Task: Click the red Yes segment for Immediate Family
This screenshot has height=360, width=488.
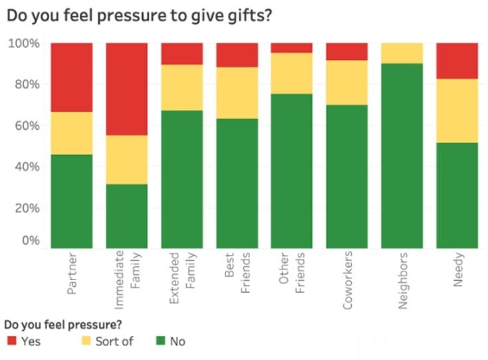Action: [x=127, y=89]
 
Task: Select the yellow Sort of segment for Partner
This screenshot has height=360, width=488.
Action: [x=72, y=133]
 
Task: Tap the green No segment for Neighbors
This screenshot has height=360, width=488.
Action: [x=402, y=155]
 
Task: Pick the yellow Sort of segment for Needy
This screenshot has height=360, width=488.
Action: [x=457, y=110]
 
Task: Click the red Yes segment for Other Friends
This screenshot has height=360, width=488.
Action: [x=292, y=48]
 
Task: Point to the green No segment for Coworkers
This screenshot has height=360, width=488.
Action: [x=346, y=176]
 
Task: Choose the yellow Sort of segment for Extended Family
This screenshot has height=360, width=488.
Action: [x=182, y=87]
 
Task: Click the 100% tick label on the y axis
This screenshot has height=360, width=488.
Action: [x=25, y=43]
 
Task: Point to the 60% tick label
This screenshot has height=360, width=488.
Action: [x=27, y=126]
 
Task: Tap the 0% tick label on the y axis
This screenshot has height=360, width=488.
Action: [x=30, y=240]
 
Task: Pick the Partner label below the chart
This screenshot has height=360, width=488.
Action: [x=72, y=273]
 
